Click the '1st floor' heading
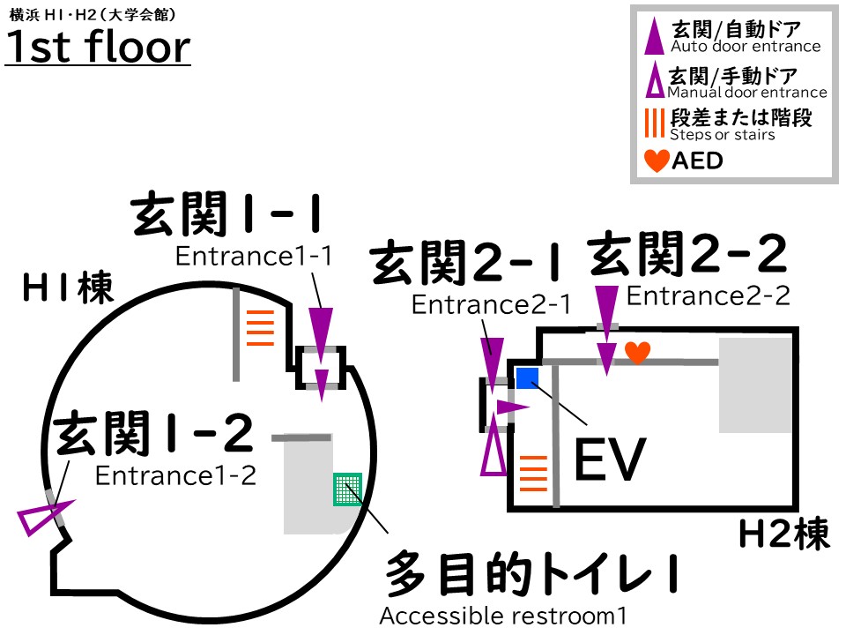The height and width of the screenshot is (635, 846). [98, 48]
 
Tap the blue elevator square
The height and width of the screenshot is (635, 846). [527, 378]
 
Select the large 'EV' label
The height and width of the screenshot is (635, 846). [610, 459]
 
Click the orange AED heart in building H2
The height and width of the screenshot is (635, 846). [637, 352]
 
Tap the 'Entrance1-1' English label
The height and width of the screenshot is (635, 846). [254, 257]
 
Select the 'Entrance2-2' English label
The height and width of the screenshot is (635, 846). [708, 296]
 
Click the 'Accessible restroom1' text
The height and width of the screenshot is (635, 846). [503, 616]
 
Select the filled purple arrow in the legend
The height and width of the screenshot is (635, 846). [655, 38]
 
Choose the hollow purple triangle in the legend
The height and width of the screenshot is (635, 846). [655, 83]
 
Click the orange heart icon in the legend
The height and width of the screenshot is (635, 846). [657, 161]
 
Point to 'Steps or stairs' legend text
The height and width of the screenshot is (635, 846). [723, 135]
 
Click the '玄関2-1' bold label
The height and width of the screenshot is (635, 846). [467, 264]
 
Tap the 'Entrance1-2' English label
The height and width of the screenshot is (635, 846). [175, 475]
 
